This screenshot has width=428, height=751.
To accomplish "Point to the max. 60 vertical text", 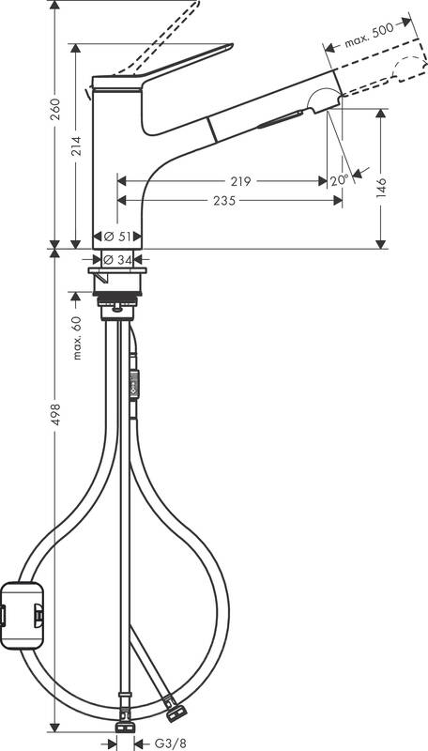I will click(x=77, y=336).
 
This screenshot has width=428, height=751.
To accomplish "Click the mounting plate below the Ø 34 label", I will click(x=117, y=274).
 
